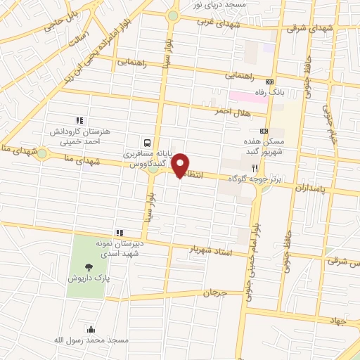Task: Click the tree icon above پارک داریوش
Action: (89, 266)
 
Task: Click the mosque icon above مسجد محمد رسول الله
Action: (90, 328)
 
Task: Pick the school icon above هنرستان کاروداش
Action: (79, 121)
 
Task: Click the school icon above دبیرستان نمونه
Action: (120, 233)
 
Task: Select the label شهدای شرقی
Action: (305, 29)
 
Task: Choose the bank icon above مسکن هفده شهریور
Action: (264, 131)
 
